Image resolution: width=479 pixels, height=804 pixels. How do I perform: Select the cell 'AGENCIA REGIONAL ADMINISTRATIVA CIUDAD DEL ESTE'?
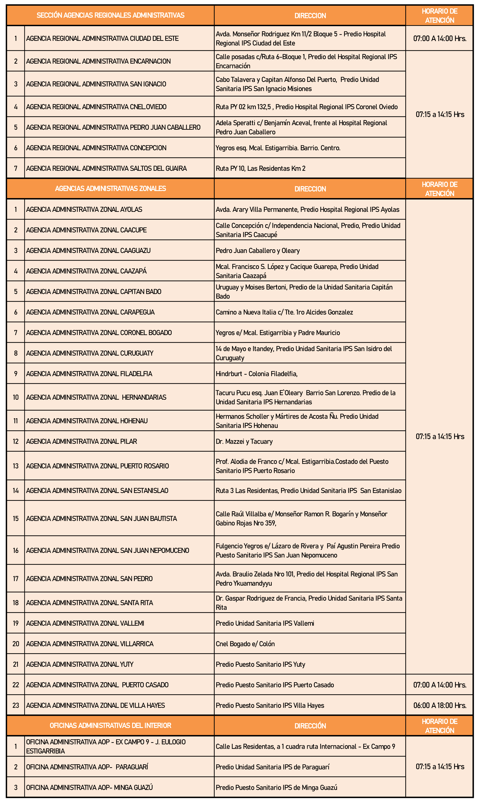[102, 38]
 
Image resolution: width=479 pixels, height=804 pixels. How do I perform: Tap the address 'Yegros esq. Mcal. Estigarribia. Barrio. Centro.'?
[278, 148]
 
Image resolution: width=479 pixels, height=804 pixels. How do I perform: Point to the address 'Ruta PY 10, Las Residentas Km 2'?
[260, 169]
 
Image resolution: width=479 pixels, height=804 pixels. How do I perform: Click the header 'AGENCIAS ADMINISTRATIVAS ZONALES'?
[110, 189]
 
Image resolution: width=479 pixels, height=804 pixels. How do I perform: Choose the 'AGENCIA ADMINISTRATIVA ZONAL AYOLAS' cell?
[84, 210]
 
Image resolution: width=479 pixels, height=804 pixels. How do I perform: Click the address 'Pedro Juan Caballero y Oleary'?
[258, 251]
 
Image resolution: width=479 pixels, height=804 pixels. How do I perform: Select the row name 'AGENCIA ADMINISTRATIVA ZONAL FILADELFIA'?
[89, 374]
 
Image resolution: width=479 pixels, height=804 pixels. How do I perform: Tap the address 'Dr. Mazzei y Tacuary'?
[244, 442]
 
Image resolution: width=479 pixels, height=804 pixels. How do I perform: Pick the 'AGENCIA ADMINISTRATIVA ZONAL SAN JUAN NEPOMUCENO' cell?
[108, 550]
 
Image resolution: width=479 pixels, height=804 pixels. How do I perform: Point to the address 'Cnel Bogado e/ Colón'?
[245, 644]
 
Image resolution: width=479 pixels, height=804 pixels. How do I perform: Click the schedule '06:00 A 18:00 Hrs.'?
[440, 705]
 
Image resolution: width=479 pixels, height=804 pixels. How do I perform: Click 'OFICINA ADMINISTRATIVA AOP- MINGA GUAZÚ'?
[89, 788]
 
